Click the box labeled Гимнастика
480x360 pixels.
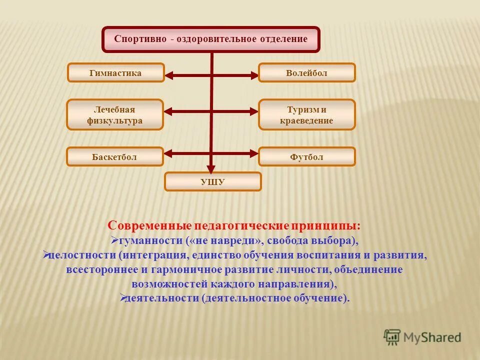point(115,73)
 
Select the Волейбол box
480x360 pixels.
point(306,73)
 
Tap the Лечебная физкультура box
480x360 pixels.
point(115,115)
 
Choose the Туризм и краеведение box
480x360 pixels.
point(306,115)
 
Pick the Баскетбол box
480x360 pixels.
point(115,157)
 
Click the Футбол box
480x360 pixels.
point(306,157)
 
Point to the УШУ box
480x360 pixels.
point(213,182)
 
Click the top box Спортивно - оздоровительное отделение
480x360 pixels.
point(211,39)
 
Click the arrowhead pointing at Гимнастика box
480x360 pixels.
point(169,76)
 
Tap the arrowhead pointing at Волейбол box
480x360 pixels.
point(254,76)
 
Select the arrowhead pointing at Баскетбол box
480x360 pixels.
point(169,152)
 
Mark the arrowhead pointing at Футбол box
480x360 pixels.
point(254,152)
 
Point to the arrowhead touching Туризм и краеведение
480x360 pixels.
point(254,111)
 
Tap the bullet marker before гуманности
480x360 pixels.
point(114,240)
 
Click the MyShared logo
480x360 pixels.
point(422,337)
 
